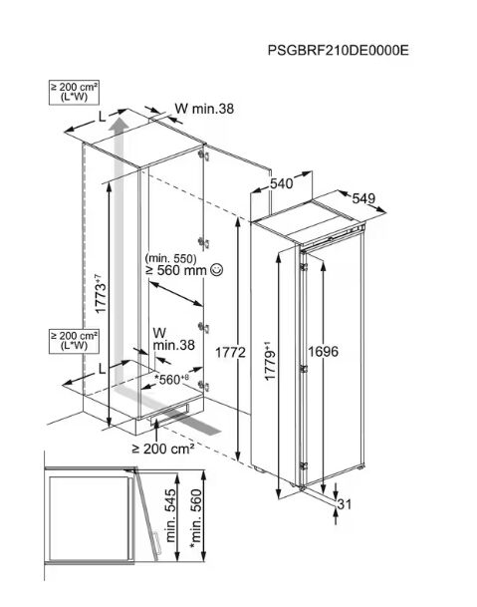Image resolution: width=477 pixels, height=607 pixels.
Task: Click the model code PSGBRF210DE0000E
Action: point(338,50)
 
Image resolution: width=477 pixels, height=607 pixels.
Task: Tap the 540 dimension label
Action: point(281,183)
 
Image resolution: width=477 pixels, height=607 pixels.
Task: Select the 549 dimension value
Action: point(363,198)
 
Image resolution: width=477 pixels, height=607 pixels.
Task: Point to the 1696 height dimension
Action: point(323,352)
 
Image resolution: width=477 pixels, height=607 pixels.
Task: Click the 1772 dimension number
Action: point(230,352)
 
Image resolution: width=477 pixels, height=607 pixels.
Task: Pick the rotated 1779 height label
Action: point(270,361)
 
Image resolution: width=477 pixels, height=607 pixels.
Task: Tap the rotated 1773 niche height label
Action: point(101,293)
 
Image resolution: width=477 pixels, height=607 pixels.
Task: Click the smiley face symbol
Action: point(216,270)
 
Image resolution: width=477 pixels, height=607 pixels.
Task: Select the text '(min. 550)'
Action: point(171,258)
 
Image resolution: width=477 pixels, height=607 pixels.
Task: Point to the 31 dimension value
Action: point(345,504)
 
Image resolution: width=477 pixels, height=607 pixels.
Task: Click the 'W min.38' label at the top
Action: point(204,109)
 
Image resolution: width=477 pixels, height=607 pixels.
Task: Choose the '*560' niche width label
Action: point(171,380)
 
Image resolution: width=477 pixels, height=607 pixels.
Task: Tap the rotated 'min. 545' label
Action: point(170,515)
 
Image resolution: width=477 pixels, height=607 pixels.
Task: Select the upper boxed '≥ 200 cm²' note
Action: point(74,92)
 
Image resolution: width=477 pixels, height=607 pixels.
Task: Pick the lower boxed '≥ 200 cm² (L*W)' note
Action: point(74,341)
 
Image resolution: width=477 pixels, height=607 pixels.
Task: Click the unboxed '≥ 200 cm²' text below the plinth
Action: point(163,449)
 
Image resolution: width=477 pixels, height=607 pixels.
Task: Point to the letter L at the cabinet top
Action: point(102,117)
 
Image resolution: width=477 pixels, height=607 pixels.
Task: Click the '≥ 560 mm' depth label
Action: point(176,270)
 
